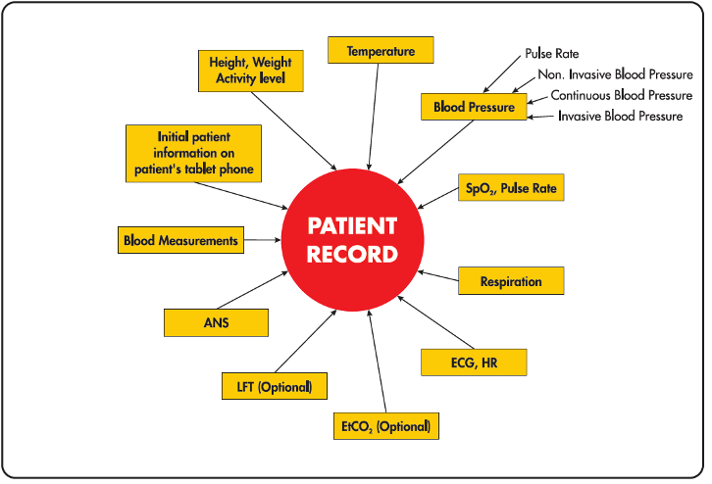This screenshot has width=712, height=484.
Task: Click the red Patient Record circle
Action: click(x=352, y=240)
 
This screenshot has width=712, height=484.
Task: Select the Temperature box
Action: click(x=381, y=50)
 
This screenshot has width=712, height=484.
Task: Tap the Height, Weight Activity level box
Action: click(x=251, y=71)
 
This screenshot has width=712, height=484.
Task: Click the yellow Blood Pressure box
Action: click(x=474, y=107)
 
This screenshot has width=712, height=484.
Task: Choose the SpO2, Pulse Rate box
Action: click(x=511, y=187)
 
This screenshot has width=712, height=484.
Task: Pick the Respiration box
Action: click(x=511, y=281)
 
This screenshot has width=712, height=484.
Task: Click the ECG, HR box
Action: click(x=474, y=363)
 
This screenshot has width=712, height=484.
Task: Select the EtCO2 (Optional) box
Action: click(x=386, y=426)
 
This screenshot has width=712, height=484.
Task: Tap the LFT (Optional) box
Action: click(x=275, y=386)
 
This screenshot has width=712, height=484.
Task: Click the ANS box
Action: click(x=216, y=322)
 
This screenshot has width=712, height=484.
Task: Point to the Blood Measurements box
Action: click(x=180, y=240)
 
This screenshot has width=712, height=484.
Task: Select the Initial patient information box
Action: click(x=193, y=153)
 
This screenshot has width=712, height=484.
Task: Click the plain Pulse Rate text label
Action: click(x=552, y=54)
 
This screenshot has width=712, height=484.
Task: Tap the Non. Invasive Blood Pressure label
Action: click(x=615, y=74)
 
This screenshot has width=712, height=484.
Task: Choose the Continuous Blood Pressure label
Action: click(x=621, y=95)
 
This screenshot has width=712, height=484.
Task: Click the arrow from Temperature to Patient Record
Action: click(x=374, y=117)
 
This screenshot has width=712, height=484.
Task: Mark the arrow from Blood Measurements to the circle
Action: click(x=263, y=239)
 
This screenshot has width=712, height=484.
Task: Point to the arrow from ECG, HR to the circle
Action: click(x=435, y=322)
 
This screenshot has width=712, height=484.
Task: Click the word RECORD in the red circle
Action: click(x=352, y=254)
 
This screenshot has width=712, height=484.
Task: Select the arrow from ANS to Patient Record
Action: click(x=252, y=290)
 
